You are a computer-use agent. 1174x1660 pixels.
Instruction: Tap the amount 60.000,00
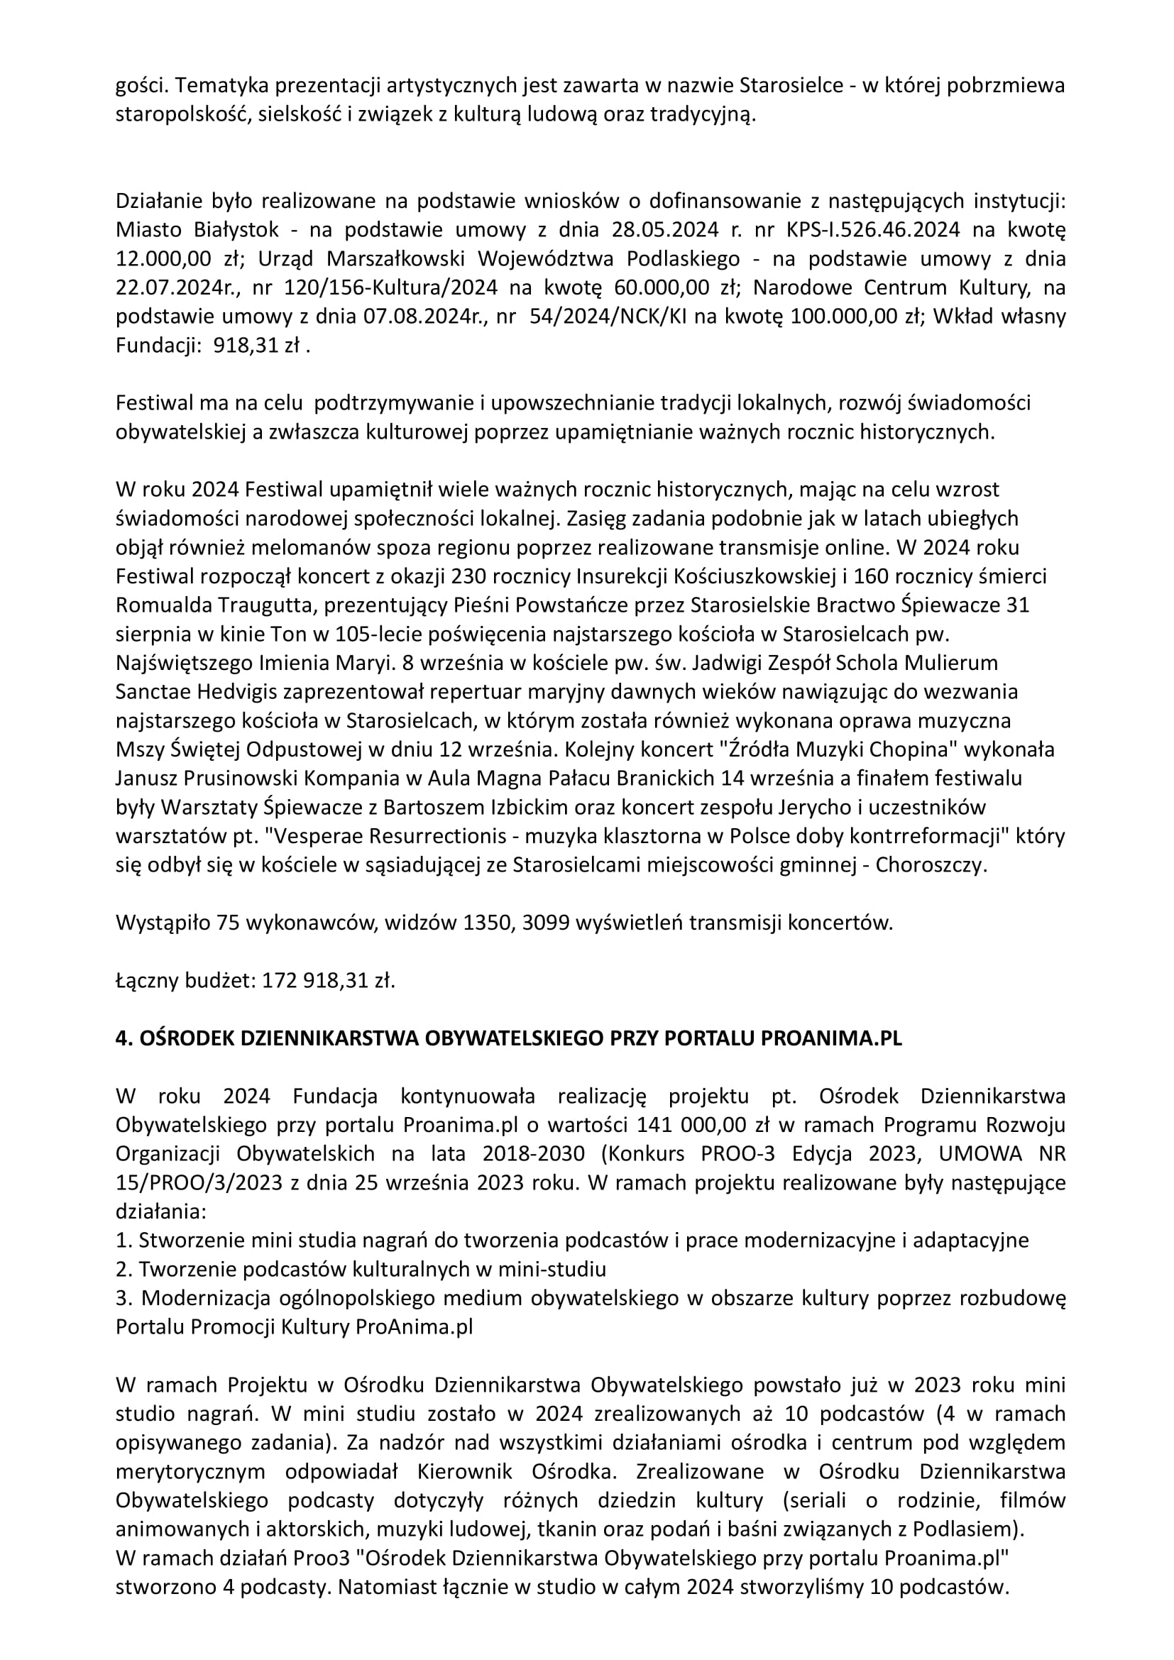[x=662, y=287]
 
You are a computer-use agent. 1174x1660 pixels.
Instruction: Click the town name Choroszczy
[x=931, y=865]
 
